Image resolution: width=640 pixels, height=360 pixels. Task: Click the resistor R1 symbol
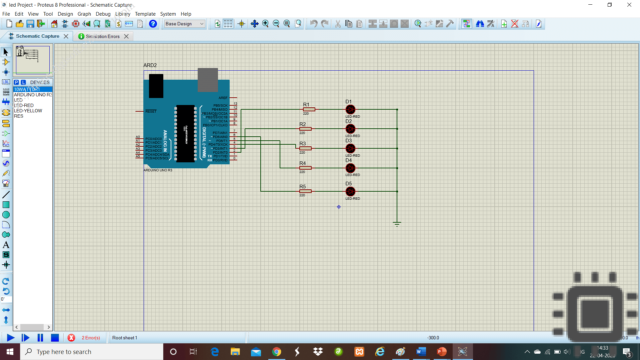pyautogui.click(x=309, y=109)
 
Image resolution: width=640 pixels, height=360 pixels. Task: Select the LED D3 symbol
pyautogui.click(x=350, y=148)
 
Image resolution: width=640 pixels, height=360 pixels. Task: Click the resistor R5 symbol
pyautogui.click(x=305, y=191)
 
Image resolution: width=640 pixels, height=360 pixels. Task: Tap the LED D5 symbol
pyautogui.click(x=350, y=192)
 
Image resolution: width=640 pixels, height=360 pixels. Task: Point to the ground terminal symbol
pyautogui.click(x=397, y=224)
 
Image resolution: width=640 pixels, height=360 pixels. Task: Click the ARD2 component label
pyautogui.click(x=150, y=65)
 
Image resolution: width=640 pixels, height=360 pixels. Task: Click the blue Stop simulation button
pyautogui.click(x=55, y=338)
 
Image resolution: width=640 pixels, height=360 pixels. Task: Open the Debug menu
pyautogui.click(x=103, y=14)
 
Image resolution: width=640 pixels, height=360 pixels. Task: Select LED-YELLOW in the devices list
pyautogui.click(x=28, y=111)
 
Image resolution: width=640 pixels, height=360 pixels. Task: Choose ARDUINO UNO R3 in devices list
pyautogui.click(x=33, y=95)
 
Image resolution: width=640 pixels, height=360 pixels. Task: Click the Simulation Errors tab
pyautogui.click(x=102, y=36)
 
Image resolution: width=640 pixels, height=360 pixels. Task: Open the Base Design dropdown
pyautogui.click(x=184, y=24)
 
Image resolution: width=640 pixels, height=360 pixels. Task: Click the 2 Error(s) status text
pyautogui.click(x=91, y=338)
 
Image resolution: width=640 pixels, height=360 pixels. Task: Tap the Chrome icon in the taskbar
pyautogui.click(x=276, y=352)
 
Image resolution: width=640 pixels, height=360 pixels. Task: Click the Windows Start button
pyautogui.click(x=10, y=352)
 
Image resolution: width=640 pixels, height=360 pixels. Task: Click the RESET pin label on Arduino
pyautogui.click(x=151, y=111)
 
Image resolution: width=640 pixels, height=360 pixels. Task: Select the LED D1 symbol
pyautogui.click(x=350, y=109)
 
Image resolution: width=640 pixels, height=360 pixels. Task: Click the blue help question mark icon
pyautogui.click(x=153, y=24)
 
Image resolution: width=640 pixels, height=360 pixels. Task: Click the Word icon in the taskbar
pyautogui.click(x=421, y=352)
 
